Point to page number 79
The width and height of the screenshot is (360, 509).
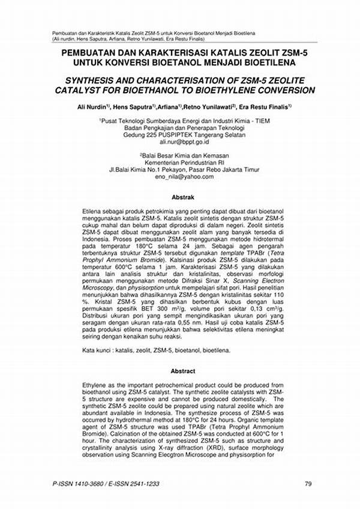pyautogui.click(x=308, y=484)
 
